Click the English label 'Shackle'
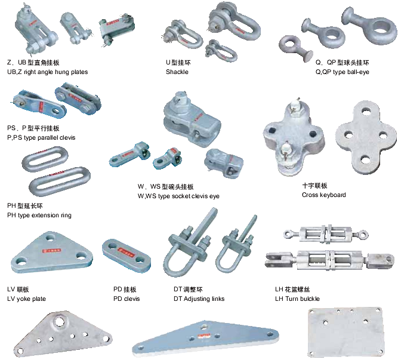coord(177,72)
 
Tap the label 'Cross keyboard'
coord(324,195)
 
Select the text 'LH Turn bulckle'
coord(298,299)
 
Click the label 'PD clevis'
coord(127,299)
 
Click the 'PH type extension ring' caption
coord(39,215)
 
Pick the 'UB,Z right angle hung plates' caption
coord(47,72)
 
